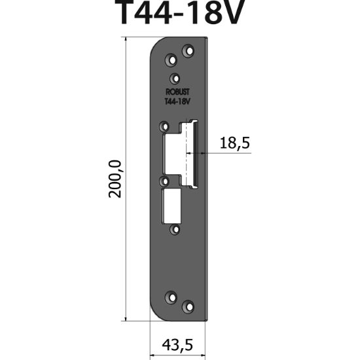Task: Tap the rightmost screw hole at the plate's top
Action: [189, 50]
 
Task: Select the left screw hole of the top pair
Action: [172, 58]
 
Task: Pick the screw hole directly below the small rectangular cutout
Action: [174, 230]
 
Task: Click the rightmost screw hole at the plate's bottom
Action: [189, 306]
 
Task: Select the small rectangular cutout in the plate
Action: [171, 205]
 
